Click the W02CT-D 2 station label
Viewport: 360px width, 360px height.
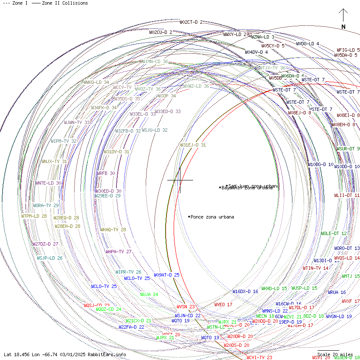(x=191, y=22)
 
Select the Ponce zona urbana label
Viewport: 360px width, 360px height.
(x=212, y=217)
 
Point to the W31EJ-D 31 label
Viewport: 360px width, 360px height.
(x=193, y=145)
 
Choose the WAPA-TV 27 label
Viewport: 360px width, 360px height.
(x=119, y=252)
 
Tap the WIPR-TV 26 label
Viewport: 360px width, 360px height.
(x=128, y=272)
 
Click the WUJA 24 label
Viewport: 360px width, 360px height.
(x=149, y=294)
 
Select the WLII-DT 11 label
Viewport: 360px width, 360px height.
(x=347, y=196)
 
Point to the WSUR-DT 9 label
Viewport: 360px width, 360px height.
(x=348, y=149)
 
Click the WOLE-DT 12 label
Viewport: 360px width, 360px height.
(x=334, y=233)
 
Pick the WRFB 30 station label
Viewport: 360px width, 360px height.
(x=105, y=173)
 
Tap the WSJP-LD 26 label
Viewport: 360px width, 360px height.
(x=50, y=258)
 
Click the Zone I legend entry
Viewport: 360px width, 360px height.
(x=15, y=3)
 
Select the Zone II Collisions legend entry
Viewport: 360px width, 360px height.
(x=60, y=3)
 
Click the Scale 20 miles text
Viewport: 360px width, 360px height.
(x=335, y=354)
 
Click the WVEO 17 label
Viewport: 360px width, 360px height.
(x=223, y=305)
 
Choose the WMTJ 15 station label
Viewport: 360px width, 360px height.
(x=351, y=276)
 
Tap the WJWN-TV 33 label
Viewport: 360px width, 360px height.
(x=77, y=122)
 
